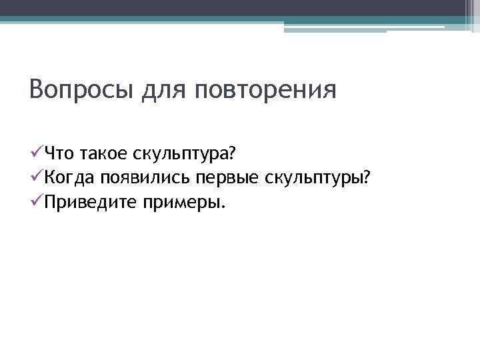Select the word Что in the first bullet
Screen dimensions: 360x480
(x=60, y=155)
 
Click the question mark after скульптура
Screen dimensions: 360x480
(x=232, y=155)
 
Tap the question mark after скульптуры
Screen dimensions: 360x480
(x=367, y=178)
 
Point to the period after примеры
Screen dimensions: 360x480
(x=223, y=207)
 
